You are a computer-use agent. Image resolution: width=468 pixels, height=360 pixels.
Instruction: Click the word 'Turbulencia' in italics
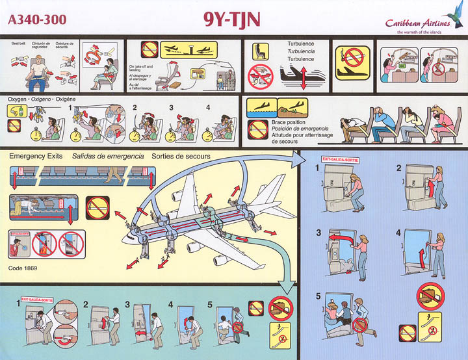pos(301,51)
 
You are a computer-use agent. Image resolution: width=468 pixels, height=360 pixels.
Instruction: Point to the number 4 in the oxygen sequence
pos(208,107)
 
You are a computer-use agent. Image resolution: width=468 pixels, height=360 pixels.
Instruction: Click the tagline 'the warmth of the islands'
pos(415,31)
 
